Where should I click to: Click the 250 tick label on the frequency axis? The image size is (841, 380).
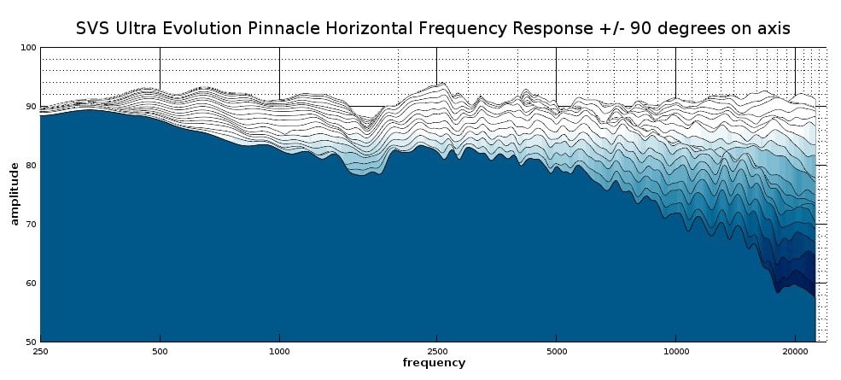coord(40,351)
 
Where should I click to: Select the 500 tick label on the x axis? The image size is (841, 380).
coord(160,351)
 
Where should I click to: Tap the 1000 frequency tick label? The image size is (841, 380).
coord(279,351)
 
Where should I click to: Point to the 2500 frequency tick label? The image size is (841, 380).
coord(436,351)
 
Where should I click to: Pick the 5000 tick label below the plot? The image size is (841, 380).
coord(556,351)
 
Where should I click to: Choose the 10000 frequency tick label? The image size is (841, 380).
coord(675,351)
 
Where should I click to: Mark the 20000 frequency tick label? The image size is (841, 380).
coord(795,351)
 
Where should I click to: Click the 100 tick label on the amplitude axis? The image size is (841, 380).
coord(28,48)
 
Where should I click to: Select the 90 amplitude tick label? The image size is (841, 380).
coord(31,107)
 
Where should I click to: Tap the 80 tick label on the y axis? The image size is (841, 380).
coord(31,166)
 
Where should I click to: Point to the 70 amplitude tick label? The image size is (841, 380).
coord(31,225)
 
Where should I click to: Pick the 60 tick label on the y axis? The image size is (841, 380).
coord(31,284)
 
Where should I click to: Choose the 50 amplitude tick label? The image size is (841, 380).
coord(31,342)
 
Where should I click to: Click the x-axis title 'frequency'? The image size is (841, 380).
coord(434,363)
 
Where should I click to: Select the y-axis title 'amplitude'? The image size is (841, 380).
coord(15,195)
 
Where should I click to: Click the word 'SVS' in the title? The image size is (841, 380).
coord(94,28)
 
